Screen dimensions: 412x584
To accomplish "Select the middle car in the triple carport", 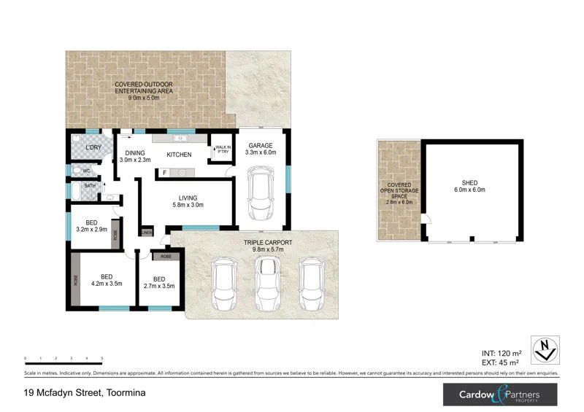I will tap(267, 283).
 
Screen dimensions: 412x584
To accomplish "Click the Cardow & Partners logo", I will tap(500, 394).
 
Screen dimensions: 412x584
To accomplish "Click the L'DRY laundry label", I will tap(93, 148).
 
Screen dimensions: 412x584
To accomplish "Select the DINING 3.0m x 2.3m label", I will tap(135, 155).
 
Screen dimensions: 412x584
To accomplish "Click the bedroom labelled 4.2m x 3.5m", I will tap(107, 280).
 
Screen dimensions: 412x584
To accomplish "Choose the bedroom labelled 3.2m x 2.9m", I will tap(91, 225).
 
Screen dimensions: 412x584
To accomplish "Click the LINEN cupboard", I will tap(147, 233).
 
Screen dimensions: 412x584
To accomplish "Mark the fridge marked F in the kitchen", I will tap(165, 172).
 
